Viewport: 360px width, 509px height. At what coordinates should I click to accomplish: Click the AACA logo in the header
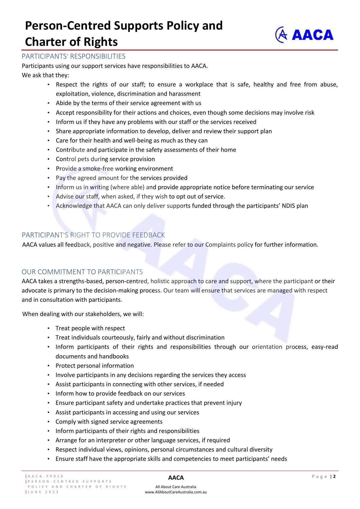[x=304, y=35]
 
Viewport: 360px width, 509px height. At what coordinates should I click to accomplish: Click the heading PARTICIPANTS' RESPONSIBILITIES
[x=73, y=56]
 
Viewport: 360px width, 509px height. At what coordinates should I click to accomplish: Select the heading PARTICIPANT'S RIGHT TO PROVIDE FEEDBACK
[x=93, y=235]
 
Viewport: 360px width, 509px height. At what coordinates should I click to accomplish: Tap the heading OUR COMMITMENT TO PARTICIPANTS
[x=82, y=272]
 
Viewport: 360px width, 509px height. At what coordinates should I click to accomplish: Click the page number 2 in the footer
[x=334, y=476]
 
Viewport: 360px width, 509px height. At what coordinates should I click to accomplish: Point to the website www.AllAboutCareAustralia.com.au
[x=176, y=492]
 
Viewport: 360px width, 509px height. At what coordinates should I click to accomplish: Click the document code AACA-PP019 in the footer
[x=46, y=476]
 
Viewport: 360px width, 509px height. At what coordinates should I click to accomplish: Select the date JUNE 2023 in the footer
[x=44, y=492]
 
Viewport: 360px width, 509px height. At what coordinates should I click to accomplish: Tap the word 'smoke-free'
[x=98, y=169]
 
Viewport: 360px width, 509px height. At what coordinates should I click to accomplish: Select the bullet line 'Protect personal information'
[x=95, y=366]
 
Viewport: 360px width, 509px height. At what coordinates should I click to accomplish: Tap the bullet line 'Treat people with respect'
[x=90, y=328]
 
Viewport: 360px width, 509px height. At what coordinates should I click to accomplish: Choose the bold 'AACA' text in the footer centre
[x=176, y=478]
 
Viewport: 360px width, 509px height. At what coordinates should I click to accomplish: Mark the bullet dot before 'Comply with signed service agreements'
[x=49, y=422]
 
